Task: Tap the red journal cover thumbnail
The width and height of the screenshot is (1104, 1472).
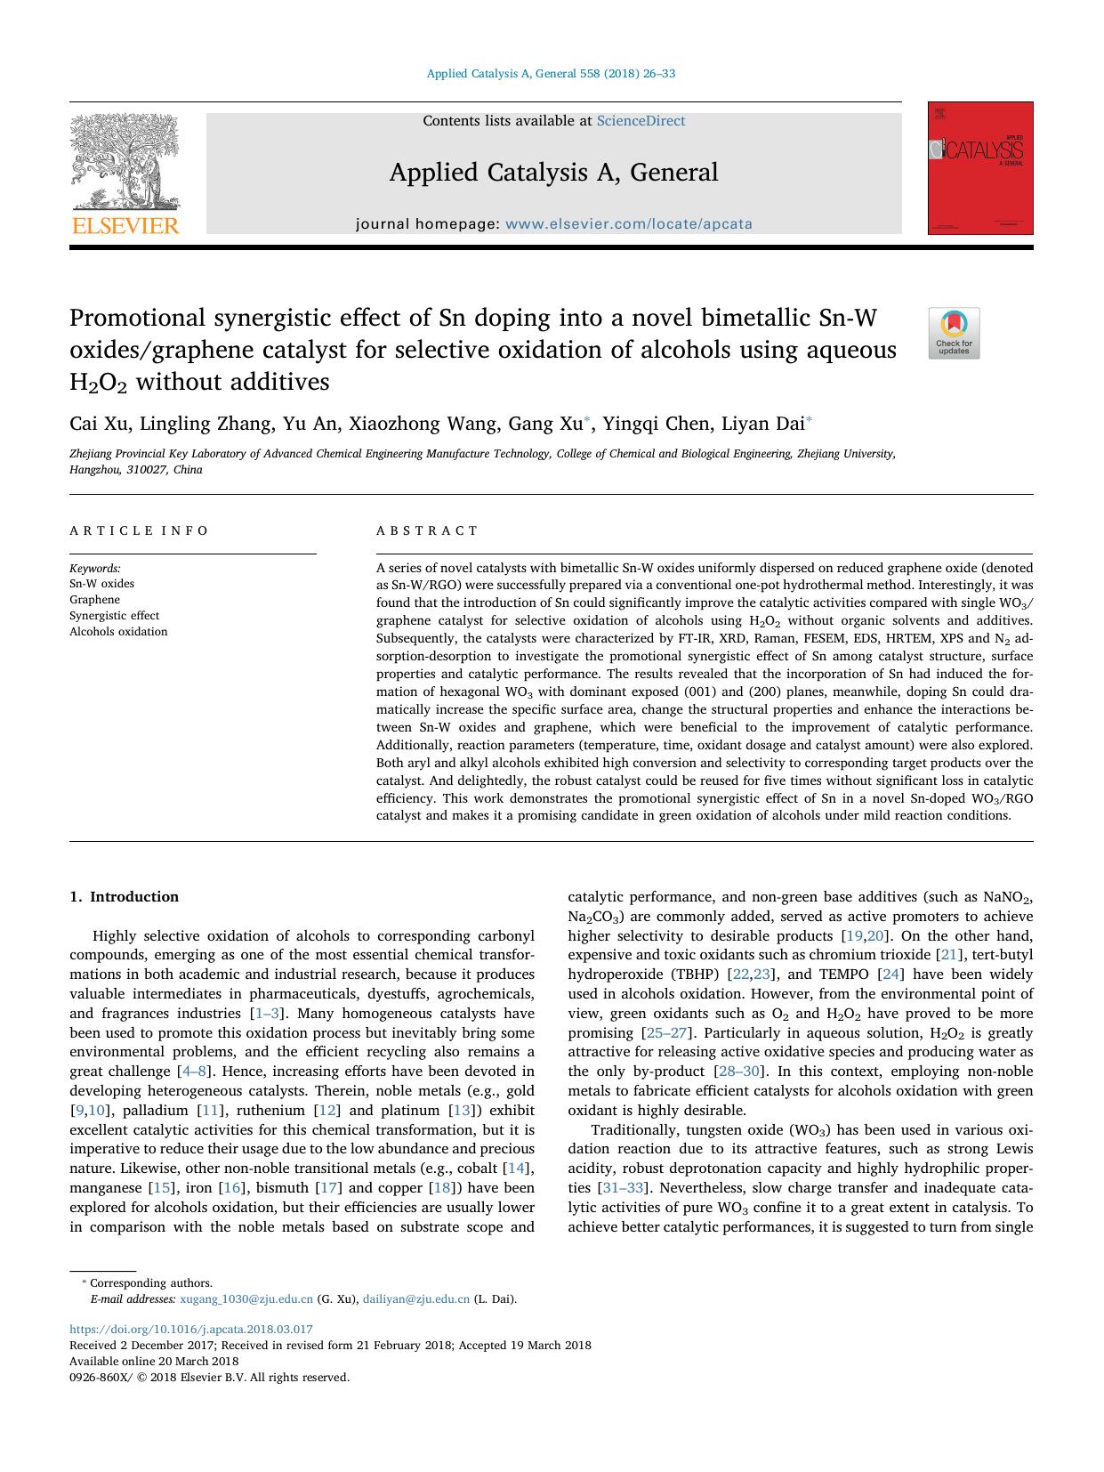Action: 979,168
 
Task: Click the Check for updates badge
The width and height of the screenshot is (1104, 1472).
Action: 954,333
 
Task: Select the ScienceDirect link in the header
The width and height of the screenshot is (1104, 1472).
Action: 641,121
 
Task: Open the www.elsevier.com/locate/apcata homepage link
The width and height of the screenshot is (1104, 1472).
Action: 628,224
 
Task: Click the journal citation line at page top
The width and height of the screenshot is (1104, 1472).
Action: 551,74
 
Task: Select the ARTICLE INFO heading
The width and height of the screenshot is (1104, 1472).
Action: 139,530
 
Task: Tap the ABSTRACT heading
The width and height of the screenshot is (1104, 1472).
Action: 427,530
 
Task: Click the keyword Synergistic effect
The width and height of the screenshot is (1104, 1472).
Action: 115,616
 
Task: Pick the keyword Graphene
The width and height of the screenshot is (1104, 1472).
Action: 94,600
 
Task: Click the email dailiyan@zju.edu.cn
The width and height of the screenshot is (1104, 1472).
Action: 415,1298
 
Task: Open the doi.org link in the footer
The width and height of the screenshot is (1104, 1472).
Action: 191,1330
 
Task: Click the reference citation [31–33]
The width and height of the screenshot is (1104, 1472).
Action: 624,1188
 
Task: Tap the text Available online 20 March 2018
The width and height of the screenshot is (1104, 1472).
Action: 154,1361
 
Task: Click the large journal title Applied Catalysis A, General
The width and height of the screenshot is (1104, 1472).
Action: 553,173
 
